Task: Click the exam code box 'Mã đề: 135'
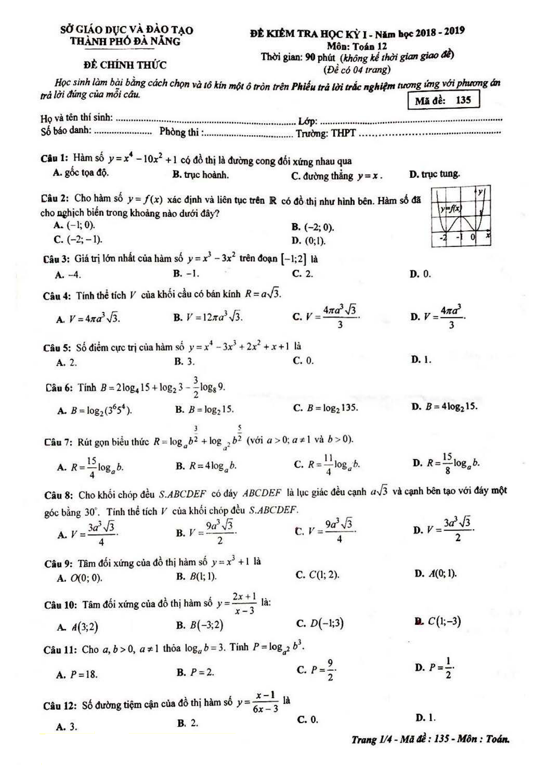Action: [x=443, y=100]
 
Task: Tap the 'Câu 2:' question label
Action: [x=55, y=198]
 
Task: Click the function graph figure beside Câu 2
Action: [x=461, y=216]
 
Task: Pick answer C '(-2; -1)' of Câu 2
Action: [x=78, y=240]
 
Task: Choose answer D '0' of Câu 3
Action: [x=420, y=274]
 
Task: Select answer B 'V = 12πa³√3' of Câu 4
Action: [x=208, y=317]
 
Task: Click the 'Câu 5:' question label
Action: [x=58, y=347]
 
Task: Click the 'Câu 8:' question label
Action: [x=59, y=495]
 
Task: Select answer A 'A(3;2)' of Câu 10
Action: [x=78, y=627]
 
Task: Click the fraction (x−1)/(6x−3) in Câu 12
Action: [x=265, y=702]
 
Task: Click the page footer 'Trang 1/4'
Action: [x=430, y=739]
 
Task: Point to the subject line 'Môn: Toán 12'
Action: [x=357, y=46]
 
